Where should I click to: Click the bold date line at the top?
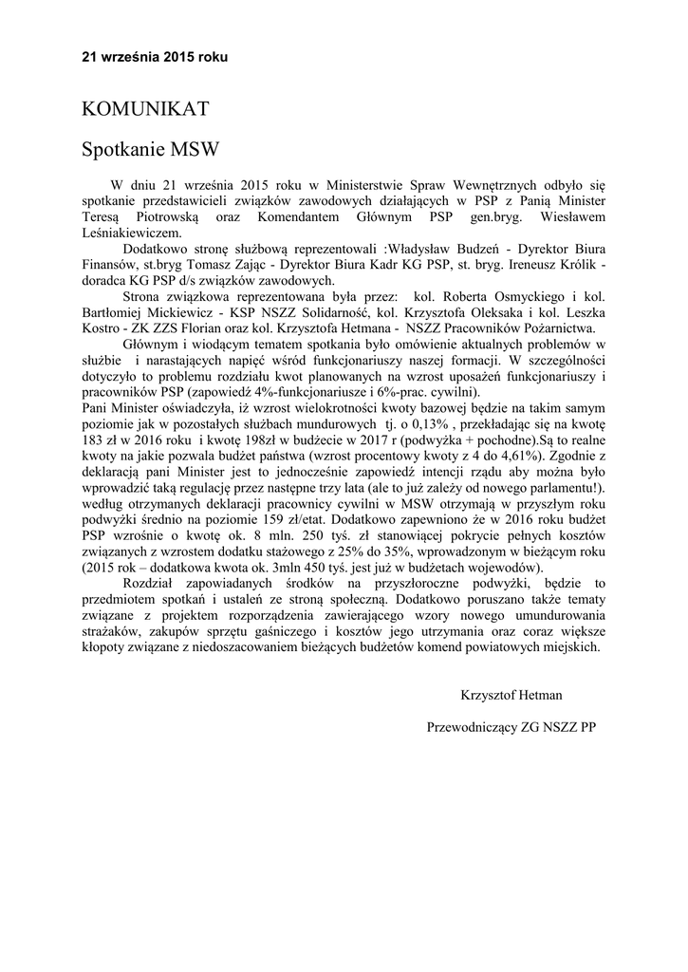(155, 57)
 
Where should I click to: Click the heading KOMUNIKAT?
(144, 109)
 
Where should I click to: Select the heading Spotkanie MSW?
(150, 149)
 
